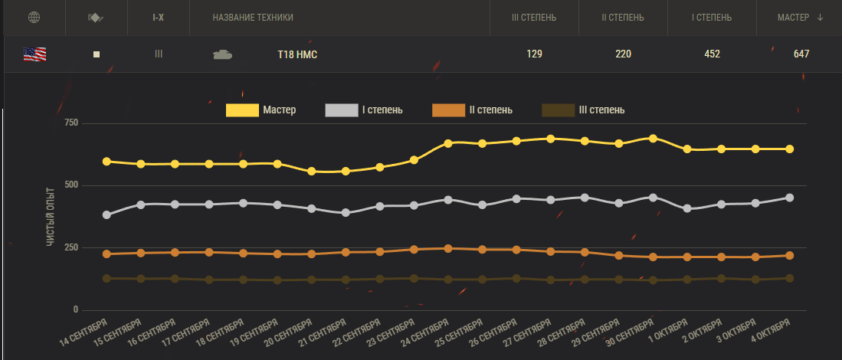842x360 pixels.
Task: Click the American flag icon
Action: click(x=34, y=54)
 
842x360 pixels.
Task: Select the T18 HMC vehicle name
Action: click(x=297, y=54)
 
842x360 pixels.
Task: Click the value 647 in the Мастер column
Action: click(x=801, y=54)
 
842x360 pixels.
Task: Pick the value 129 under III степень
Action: click(x=534, y=54)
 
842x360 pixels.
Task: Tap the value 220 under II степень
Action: click(x=622, y=54)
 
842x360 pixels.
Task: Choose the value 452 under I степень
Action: click(x=712, y=54)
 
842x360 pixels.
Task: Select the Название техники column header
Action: click(x=253, y=18)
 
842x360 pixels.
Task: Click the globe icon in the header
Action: click(x=33, y=18)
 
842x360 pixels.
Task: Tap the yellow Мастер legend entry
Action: click(x=261, y=110)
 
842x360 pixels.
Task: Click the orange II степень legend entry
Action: click(x=473, y=110)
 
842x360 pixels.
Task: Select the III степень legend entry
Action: click(x=584, y=110)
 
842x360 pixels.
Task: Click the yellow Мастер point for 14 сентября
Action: click(x=106, y=162)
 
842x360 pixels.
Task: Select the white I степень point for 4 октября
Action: click(x=790, y=198)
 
